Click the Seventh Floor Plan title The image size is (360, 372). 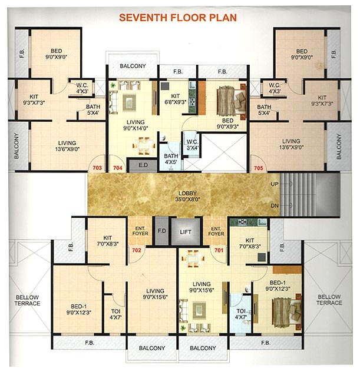(178, 16)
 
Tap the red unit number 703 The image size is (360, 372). (97, 167)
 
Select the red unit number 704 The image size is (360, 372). (117, 167)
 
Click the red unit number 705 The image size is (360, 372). (257, 167)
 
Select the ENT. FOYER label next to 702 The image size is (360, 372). (142, 232)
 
